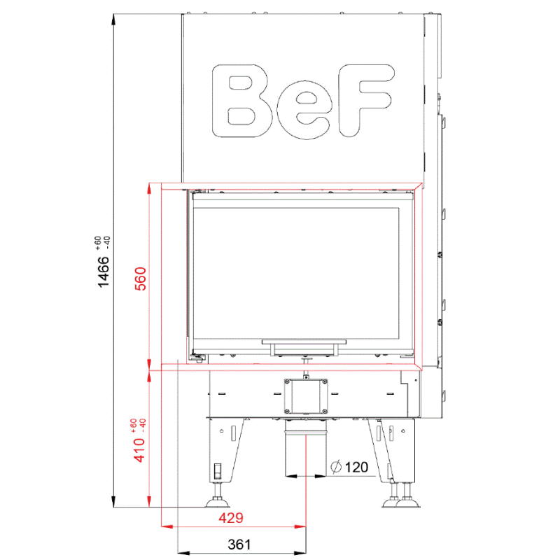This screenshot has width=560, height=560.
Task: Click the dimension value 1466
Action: click(103, 272)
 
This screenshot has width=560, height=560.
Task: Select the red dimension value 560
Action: click(141, 279)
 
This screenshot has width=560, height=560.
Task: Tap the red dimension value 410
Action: click(139, 450)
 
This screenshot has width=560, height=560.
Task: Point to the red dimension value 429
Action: click(231, 517)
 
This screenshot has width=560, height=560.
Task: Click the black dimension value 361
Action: click(239, 545)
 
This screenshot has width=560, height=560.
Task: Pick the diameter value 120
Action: click(357, 467)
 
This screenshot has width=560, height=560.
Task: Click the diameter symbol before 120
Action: click(336, 467)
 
